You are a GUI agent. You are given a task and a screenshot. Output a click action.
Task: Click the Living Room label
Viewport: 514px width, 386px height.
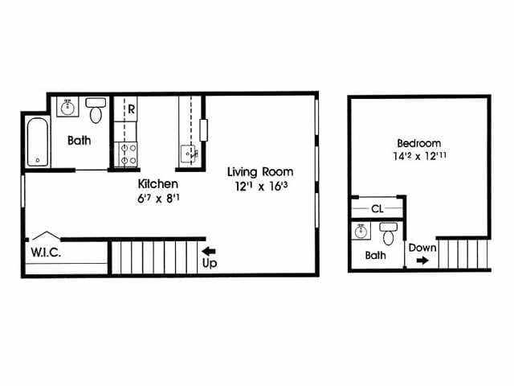tap(259, 171)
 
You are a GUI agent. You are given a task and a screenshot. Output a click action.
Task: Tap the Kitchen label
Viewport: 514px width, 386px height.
tap(157, 184)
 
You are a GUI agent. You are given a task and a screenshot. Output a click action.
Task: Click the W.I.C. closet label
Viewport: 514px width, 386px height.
tap(46, 252)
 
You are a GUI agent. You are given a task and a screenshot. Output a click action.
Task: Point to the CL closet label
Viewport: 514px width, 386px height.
tap(377, 209)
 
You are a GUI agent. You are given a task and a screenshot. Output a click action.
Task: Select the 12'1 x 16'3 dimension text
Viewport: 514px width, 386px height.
tap(259, 187)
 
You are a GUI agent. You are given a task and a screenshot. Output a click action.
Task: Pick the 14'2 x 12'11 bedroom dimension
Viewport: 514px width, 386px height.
tap(418, 157)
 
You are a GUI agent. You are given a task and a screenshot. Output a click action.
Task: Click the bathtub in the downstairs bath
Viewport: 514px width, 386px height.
tap(37, 142)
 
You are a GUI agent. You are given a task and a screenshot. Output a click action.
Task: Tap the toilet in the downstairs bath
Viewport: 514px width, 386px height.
tap(96, 111)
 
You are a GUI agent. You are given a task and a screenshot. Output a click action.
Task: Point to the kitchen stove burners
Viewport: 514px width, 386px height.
tap(127, 154)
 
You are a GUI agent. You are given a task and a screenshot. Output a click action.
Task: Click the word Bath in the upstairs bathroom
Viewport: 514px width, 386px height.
tap(375, 256)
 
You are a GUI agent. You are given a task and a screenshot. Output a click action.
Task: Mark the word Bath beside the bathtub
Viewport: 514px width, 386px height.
tap(79, 140)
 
